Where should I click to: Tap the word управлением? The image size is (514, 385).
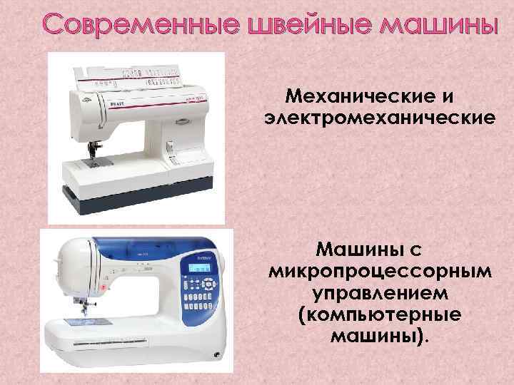click(x=379, y=293)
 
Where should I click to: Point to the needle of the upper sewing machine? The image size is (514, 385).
click(x=93, y=153)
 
